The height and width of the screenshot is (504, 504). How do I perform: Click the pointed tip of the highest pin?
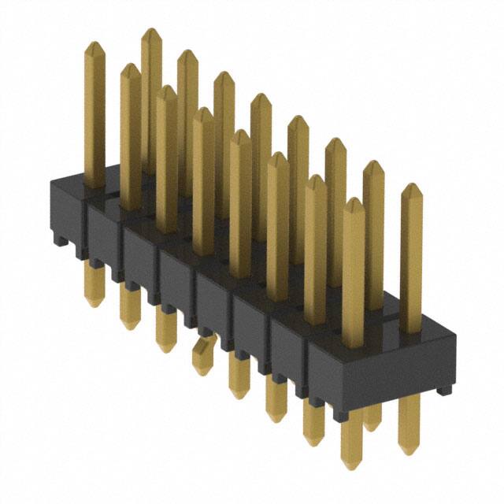151,31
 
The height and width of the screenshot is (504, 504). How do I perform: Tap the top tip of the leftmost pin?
94,45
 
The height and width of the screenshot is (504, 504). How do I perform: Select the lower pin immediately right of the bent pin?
239,374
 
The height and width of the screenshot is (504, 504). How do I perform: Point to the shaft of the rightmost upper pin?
411,260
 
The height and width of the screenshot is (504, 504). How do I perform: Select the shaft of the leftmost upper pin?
94,118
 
